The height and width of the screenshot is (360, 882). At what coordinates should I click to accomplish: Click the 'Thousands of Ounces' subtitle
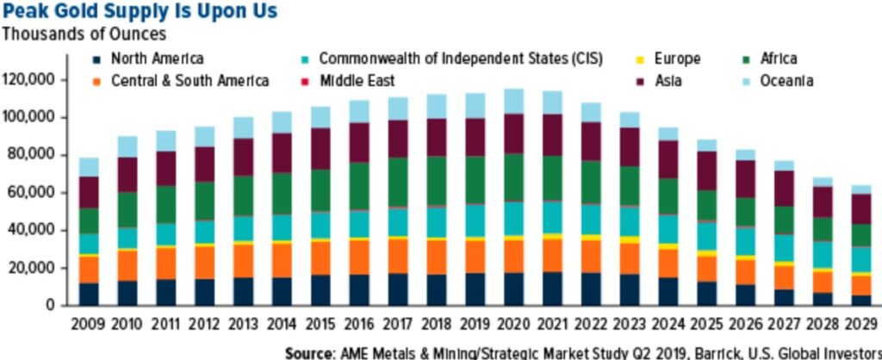(84, 35)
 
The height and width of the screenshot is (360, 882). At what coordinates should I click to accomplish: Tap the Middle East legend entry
(357, 82)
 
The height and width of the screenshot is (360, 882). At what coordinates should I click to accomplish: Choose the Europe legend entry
(677, 59)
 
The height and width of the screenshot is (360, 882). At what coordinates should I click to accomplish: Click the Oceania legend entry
(783, 82)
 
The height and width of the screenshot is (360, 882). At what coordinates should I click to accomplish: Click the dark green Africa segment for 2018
(437, 181)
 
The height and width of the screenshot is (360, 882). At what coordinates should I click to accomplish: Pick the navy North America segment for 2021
(552, 289)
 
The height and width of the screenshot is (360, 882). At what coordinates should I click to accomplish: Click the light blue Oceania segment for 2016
(359, 111)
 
